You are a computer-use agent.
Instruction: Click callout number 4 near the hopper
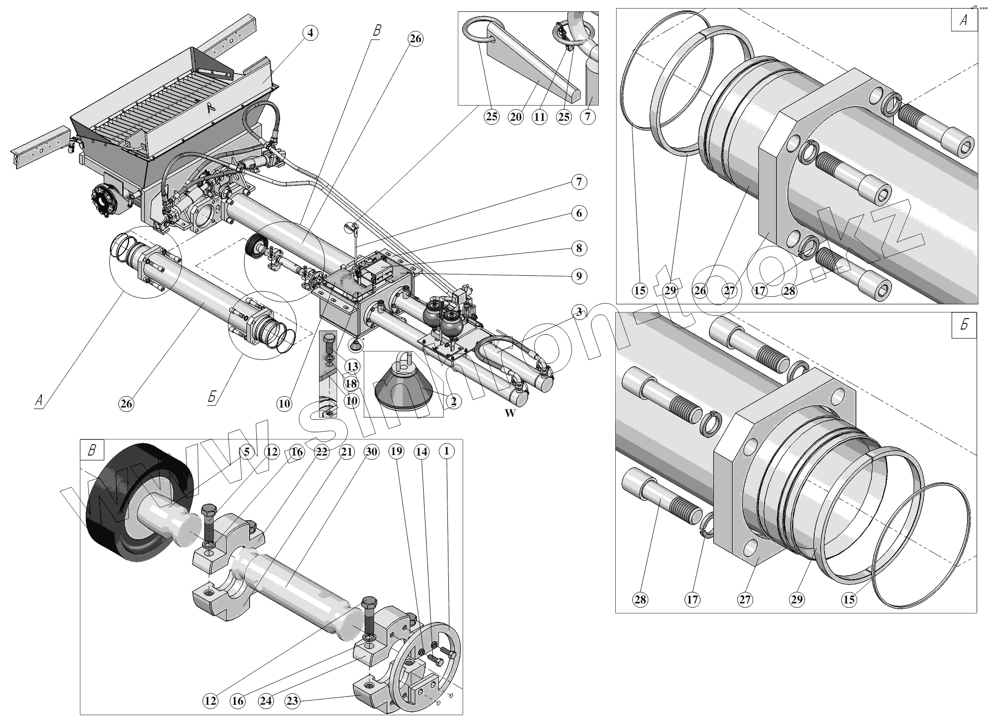[x=310, y=33]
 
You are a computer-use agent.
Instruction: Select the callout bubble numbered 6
[x=579, y=214]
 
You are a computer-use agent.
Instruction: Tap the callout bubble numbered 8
[x=579, y=248]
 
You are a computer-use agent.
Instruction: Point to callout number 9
[x=579, y=276]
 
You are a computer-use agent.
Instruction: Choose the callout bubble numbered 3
[x=579, y=312]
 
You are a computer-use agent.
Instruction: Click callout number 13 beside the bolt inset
[x=352, y=367]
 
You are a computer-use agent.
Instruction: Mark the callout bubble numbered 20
[x=516, y=116]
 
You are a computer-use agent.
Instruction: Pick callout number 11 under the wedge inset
[x=540, y=116]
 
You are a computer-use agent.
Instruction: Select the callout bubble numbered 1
[x=446, y=451]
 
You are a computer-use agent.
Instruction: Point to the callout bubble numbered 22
[x=321, y=451]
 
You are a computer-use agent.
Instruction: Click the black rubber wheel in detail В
[x=138, y=504]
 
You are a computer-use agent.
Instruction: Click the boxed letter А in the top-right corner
[x=964, y=22]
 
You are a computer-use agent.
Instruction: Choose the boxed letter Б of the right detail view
[x=964, y=326]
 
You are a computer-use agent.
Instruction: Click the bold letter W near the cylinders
[x=510, y=413]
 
